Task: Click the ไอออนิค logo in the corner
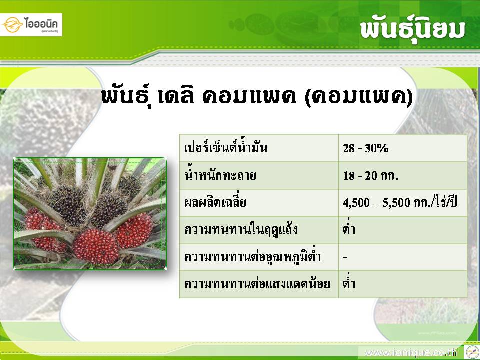tap(31, 25)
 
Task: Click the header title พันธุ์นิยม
tap(412, 31)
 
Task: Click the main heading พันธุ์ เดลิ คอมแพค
tap(199, 97)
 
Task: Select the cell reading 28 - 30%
tap(366, 148)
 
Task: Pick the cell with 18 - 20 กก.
tap(370, 175)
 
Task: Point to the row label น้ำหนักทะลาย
tap(220, 175)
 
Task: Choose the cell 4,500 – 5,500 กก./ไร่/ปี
tap(400, 202)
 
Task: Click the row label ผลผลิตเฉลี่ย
tap(215, 202)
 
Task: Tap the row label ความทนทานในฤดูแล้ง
tap(241, 229)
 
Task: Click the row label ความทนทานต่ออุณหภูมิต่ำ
tap(252, 256)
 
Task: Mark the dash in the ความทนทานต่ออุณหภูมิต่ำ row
tap(345, 258)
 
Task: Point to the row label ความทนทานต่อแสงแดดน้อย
tap(257, 283)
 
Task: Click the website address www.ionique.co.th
tap(411, 353)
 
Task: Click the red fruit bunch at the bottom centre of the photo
tap(96, 246)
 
